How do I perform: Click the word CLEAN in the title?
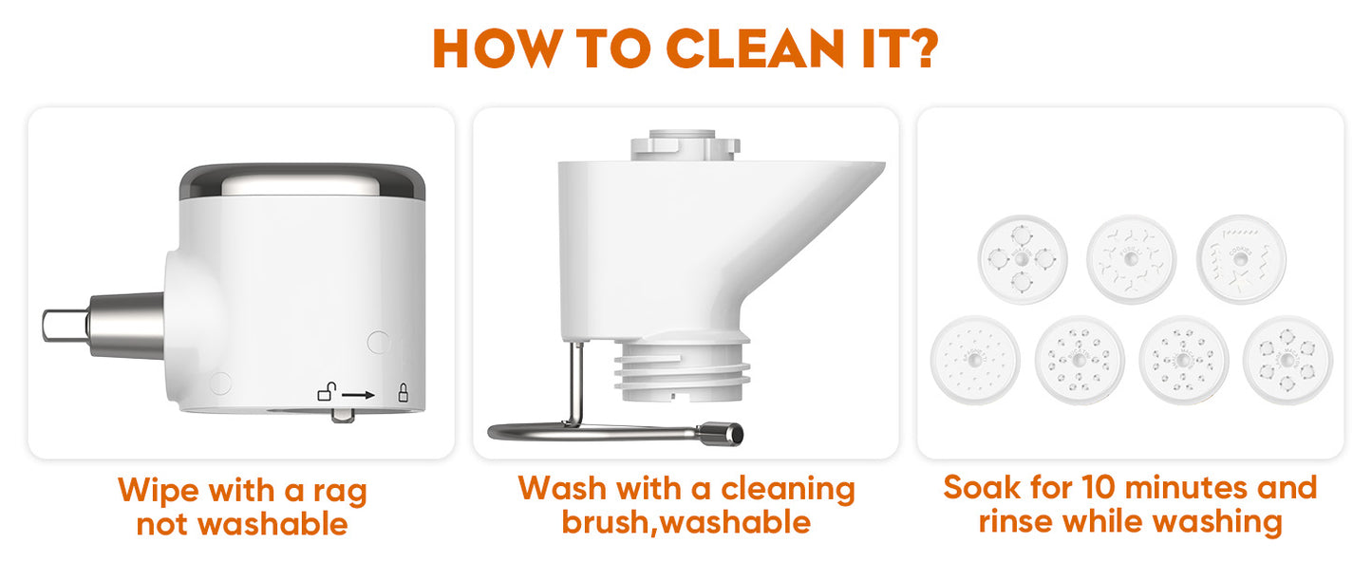pos(755,48)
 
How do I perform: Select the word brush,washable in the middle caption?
pos(686,522)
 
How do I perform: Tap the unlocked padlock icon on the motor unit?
pos(327,391)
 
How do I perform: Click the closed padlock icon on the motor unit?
pos(403,392)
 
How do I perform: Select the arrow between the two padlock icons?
pos(358,395)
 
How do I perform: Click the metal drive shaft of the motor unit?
pos(103,326)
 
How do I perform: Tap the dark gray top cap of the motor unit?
pos(303,182)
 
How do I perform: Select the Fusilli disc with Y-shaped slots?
pos(1131,259)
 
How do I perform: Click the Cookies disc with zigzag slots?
pos(1241,259)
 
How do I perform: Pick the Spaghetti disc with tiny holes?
pos(975,360)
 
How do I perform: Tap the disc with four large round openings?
pos(1023,259)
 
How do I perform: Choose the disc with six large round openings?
pos(1287,360)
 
